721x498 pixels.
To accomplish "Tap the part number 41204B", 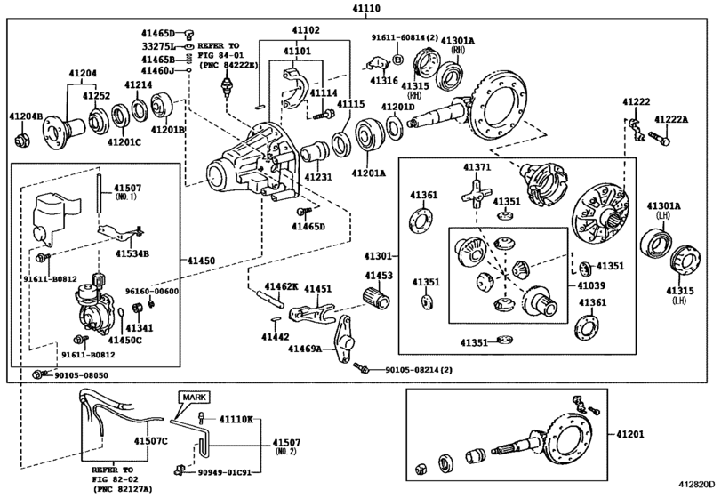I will [x=26, y=116].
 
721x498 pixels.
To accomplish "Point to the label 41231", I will [x=317, y=178].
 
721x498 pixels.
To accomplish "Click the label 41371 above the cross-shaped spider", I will [x=477, y=167].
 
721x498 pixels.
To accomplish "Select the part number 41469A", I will [x=305, y=350].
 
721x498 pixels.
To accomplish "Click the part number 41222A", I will [x=673, y=119].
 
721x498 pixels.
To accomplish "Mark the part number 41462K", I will [x=272, y=288].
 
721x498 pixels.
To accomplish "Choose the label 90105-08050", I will [x=71, y=375].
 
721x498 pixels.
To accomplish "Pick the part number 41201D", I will [x=397, y=107].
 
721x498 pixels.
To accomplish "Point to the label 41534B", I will [x=132, y=253].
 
